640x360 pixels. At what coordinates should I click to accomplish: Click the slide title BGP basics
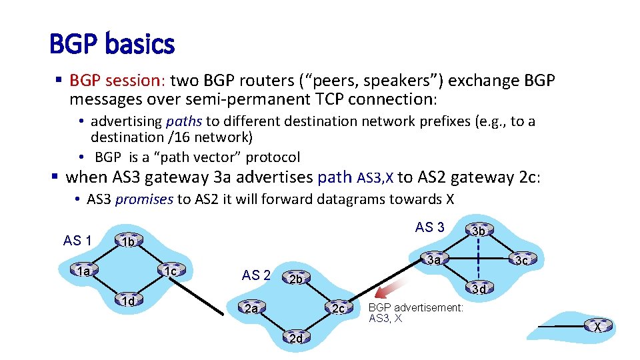(x=111, y=45)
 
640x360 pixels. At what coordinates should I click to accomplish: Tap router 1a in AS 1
(x=83, y=271)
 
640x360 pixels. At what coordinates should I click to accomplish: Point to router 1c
(x=170, y=271)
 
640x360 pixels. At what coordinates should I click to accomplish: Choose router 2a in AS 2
(x=251, y=309)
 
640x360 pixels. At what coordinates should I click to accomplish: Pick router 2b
(x=297, y=279)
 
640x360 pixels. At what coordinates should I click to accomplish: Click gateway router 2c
(x=339, y=309)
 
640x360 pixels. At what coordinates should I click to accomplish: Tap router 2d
(x=297, y=338)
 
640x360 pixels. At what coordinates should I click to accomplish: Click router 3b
(x=479, y=231)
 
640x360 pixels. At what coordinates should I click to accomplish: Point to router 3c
(x=522, y=260)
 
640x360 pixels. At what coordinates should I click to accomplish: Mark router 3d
(x=479, y=289)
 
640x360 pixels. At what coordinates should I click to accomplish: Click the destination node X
(x=597, y=327)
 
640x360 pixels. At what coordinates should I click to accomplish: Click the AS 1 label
(x=77, y=241)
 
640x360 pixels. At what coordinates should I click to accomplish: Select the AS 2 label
(x=256, y=275)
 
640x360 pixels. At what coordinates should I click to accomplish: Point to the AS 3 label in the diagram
(x=429, y=227)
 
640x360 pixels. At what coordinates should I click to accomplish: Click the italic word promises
(x=144, y=199)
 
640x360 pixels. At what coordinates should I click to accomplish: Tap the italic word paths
(x=185, y=121)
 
